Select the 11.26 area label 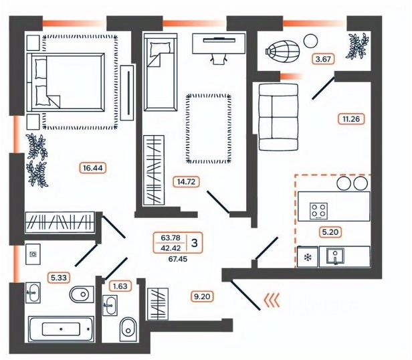click(350, 120)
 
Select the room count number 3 click(194, 242)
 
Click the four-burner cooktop click(320, 209)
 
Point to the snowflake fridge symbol click(308, 257)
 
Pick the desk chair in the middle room click(217, 58)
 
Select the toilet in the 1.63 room click(127, 328)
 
